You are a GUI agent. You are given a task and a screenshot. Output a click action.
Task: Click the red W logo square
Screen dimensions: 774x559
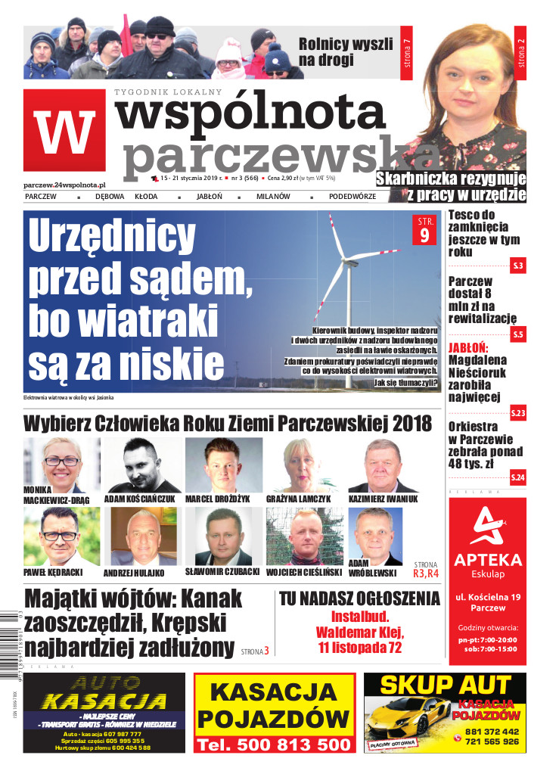(x=64, y=130)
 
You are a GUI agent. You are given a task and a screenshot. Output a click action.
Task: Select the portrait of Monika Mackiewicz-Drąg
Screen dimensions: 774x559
(x=61, y=462)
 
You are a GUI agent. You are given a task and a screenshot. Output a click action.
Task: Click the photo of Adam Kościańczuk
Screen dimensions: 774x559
(x=142, y=464)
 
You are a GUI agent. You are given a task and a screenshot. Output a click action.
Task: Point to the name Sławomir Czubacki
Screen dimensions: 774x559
(x=222, y=571)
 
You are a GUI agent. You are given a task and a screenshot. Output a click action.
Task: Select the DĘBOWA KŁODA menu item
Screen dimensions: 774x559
(x=126, y=197)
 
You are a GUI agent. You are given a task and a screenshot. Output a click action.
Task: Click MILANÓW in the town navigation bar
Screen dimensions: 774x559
(x=272, y=197)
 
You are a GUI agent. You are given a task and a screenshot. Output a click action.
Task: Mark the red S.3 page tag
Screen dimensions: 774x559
(x=517, y=266)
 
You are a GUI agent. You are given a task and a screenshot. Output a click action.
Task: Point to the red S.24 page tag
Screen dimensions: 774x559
(x=517, y=477)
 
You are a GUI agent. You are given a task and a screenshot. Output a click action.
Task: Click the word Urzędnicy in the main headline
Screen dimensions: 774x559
(x=112, y=239)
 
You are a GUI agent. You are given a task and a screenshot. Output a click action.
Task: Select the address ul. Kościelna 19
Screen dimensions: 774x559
(x=487, y=598)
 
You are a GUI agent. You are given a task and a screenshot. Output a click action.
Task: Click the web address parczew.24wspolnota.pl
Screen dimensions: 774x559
(x=64, y=184)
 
